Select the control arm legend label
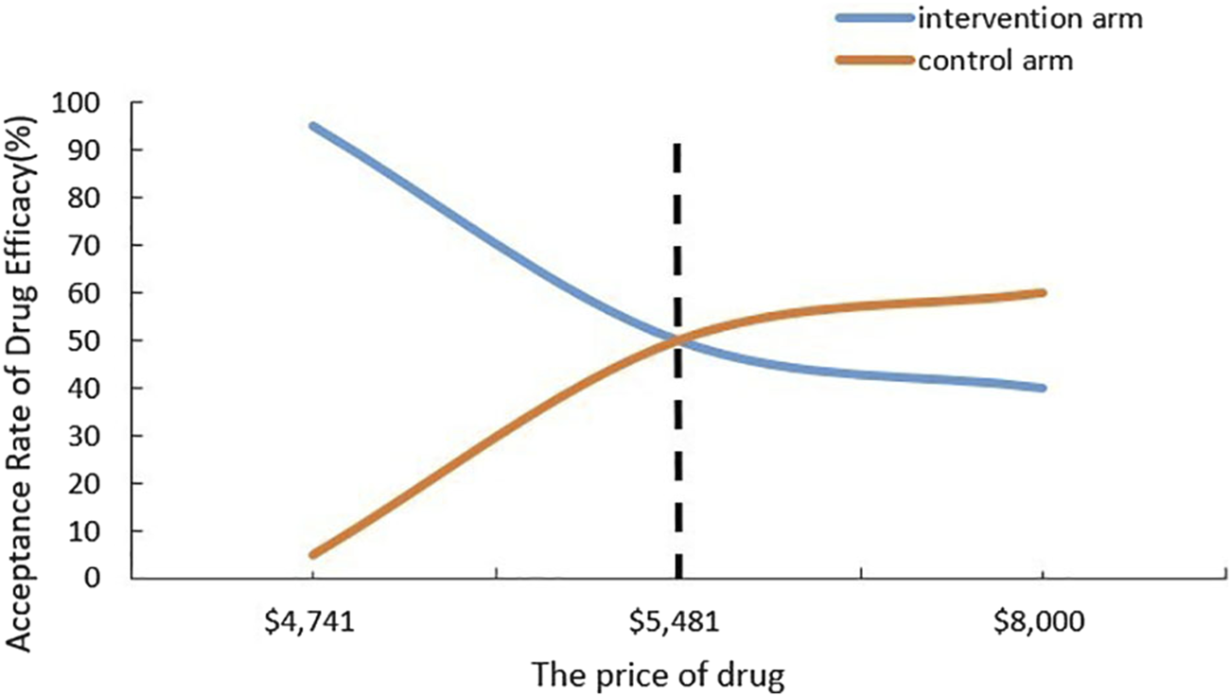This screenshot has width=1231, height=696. coord(996,61)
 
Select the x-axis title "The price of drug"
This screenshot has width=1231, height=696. coord(658,675)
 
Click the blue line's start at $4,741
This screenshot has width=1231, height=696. coord(312,126)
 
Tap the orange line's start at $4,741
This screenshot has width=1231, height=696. coord(312,554)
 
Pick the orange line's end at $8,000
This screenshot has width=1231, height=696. coord(1042,293)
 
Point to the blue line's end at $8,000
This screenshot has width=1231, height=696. coord(1042,388)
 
